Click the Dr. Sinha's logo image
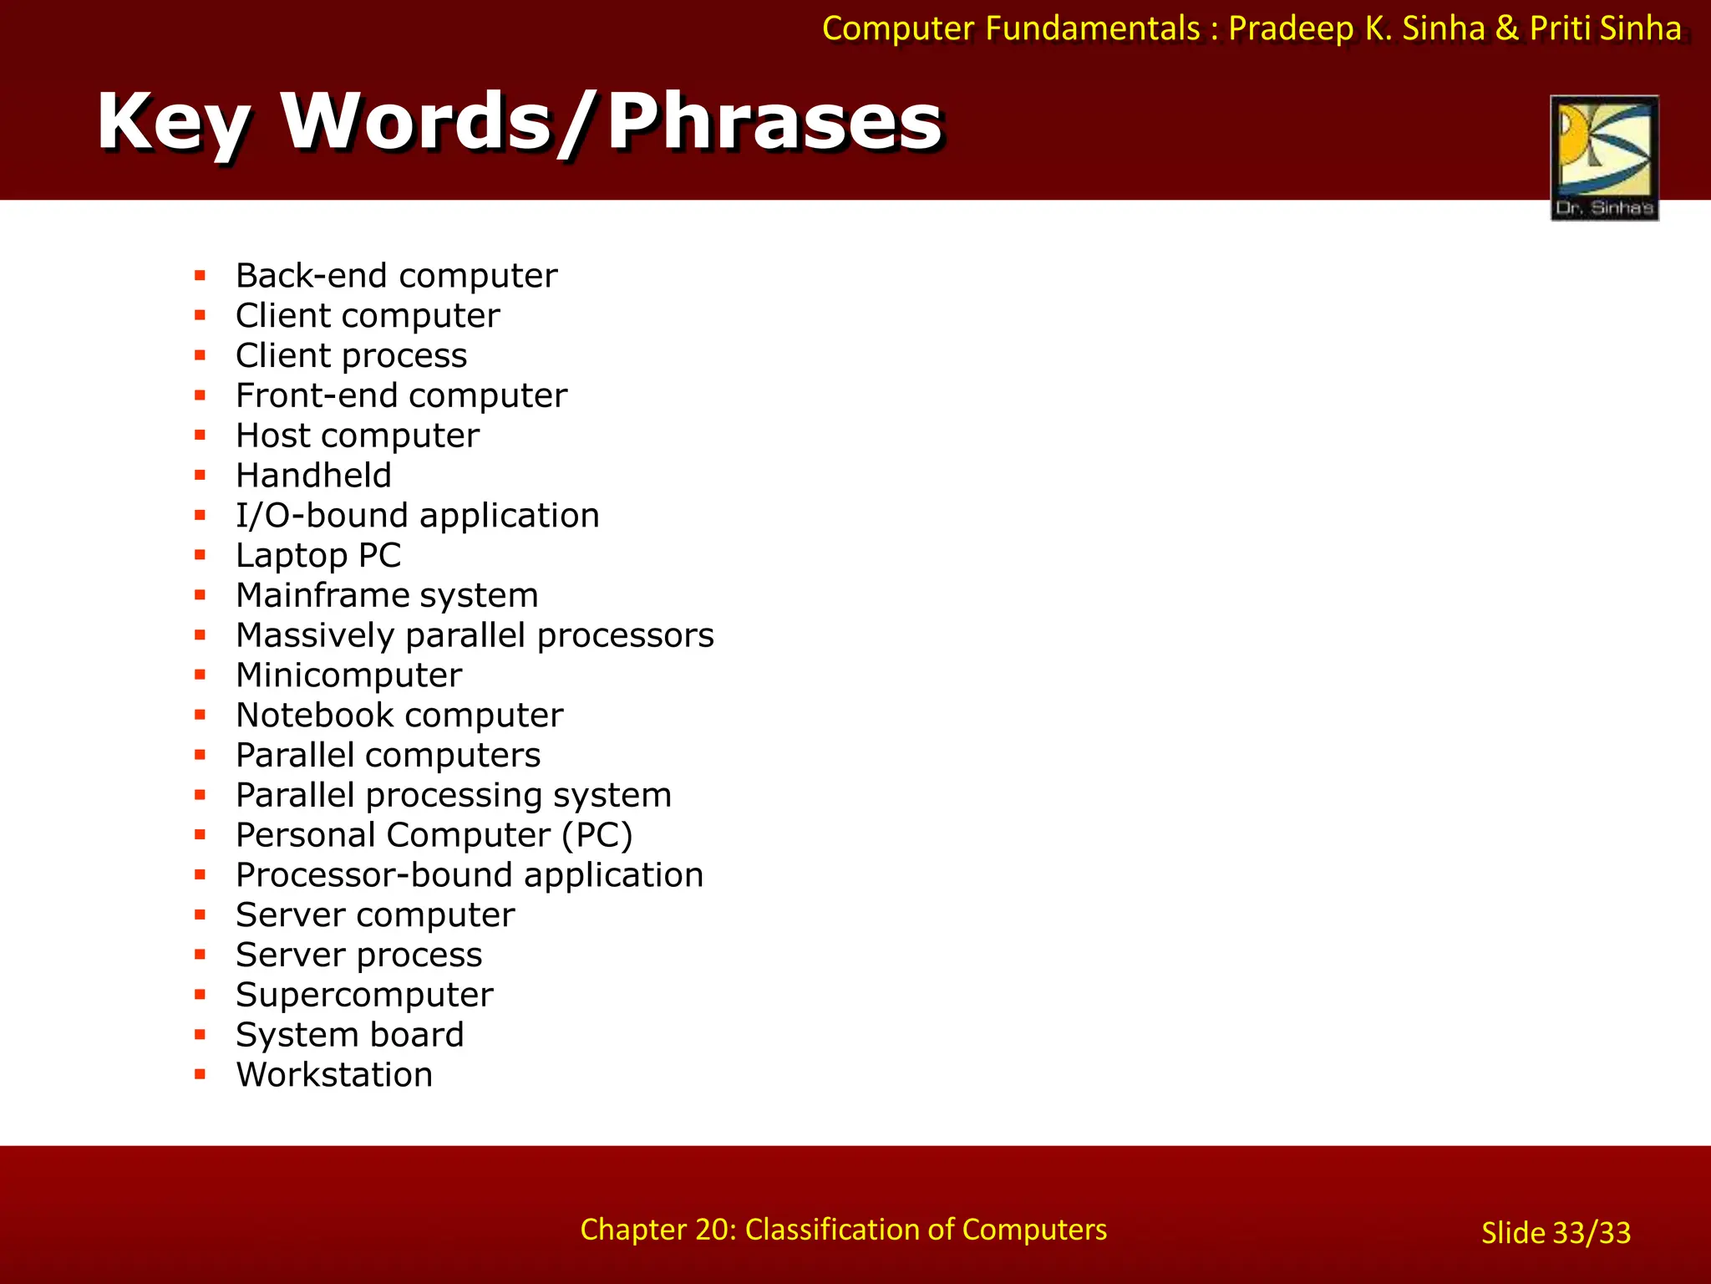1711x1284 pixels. pyautogui.click(x=1604, y=157)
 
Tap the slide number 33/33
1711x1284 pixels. pyautogui.click(x=1556, y=1233)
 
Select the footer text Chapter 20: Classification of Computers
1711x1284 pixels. pyautogui.click(x=843, y=1230)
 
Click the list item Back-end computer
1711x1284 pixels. pyautogui.click(x=396, y=276)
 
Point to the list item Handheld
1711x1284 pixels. pyautogui.click(x=313, y=476)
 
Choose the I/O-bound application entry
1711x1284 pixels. pyautogui.click(x=417, y=516)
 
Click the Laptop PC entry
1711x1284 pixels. pyautogui.click(x=318, y=556)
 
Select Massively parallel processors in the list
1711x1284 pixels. pyautogui.click(x=475, y=635)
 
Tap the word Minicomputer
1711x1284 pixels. pyautogui.click(x=348, y=675)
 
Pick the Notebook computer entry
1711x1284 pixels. pyautogui.click(x=399, y=716)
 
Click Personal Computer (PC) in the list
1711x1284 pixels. pyautogui.click(x=434, y=835)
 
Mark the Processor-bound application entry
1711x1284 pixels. pyautogui.click(x=470, y=875)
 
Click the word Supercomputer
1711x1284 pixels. pyautogui.click(x=364, y=995)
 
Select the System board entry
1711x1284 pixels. pyautogui.click(x=349, y=1035)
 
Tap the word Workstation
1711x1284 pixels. pyautogui.click(x=334, y=1075)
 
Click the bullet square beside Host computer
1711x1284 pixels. pyautogui.click(x=200, y=435)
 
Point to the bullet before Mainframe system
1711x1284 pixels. pyautogui.click(x=200, y=594)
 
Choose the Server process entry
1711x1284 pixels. pyautogui.click(x=358, y=955)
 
